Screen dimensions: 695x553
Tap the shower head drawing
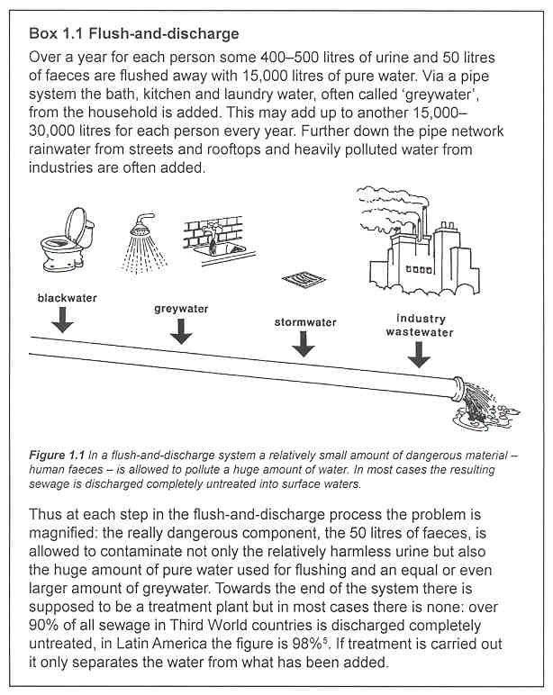(146, 235)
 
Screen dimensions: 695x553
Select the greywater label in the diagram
(181, 309)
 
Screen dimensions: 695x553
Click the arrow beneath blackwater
(62, 319)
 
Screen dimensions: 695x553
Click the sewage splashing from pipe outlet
(478, 409)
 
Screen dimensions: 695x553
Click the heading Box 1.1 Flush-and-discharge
(134, 34)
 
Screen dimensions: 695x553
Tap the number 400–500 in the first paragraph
(268, 57)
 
